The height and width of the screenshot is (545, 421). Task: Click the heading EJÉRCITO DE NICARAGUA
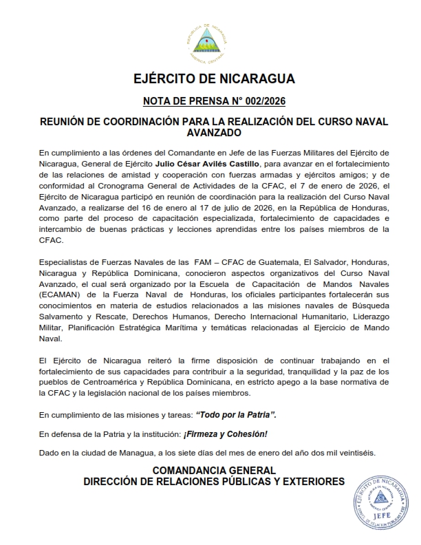point(214,78)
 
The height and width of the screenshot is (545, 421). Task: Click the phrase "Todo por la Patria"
point(236,416)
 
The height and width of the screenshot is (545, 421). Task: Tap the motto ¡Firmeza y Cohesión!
point(224,434)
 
